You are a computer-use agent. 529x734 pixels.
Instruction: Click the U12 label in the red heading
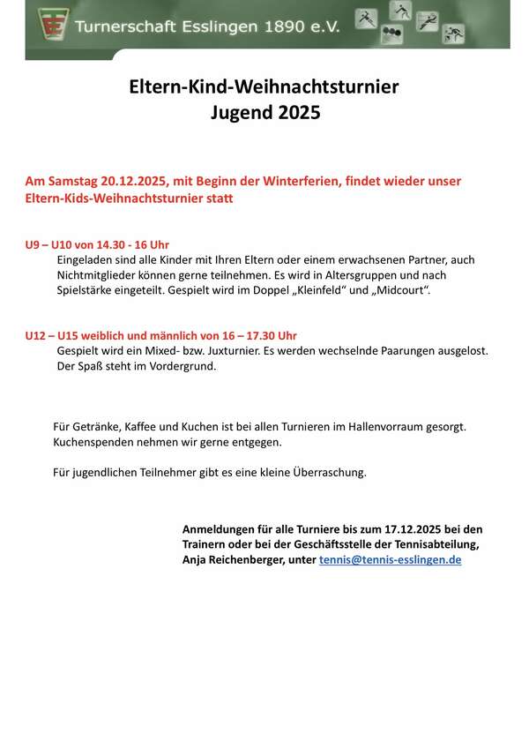tap(37, 336)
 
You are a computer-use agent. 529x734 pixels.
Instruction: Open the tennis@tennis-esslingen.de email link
tap(390, 559)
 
